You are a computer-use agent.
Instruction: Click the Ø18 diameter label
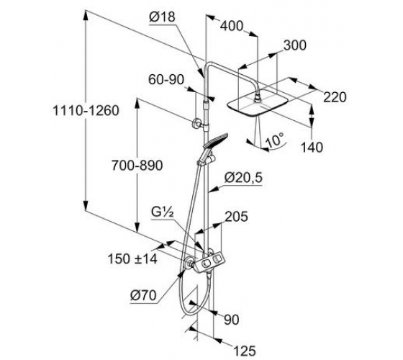point(162,17)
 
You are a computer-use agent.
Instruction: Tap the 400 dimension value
point(232,26)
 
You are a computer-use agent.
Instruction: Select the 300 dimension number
point(295,45)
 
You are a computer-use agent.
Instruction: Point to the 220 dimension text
point(335,97)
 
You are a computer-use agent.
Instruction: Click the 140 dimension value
point(312,148)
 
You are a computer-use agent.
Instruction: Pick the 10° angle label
point(275,140)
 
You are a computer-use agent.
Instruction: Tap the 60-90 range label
point(166,80)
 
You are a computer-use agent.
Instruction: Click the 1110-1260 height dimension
point(86,111)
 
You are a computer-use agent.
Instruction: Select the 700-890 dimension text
point(137,166)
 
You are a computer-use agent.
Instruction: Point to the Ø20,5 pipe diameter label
point(243,178)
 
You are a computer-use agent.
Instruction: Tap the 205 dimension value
point(237,217)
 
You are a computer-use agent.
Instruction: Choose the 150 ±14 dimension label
point(132,258)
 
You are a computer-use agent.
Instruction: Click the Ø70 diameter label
point(143,295)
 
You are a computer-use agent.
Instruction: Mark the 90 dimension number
point(232,320)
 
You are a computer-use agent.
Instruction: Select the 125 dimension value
point(245,351)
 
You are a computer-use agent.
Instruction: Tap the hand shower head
point(215,140)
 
